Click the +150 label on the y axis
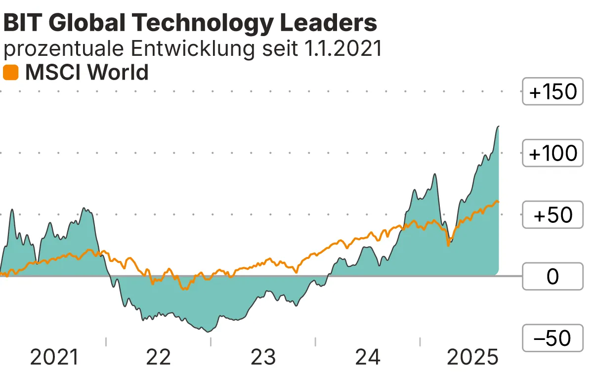pos(552,92)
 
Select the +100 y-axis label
pos(552,154)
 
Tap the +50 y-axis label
pos(552,215)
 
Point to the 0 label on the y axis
pos(552,277)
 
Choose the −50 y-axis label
pos(552,338)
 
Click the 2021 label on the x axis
pos(54,357)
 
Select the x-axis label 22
pos(159,357)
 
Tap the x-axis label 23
pos(263,357)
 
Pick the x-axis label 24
pos(368,357)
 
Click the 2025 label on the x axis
pos(472,357)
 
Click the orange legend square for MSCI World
pos(11,73)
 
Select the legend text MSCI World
pos(86,73)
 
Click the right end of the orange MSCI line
pos(499,202)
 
